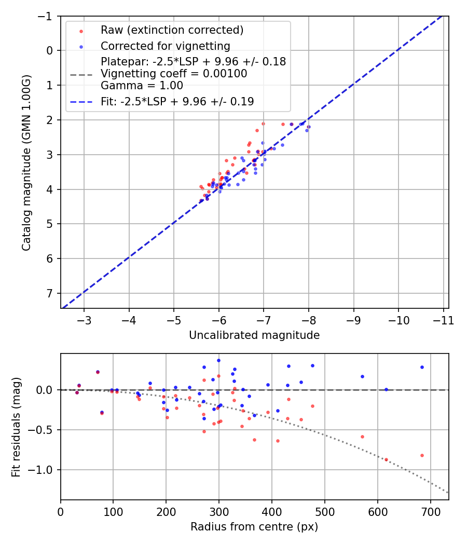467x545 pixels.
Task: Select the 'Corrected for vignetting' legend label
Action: pos(165,46)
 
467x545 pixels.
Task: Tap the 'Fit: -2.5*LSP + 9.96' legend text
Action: pos(177,102)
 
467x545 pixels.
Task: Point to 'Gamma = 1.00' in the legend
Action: pos(142,86)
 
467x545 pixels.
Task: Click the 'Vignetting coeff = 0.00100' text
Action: pos(174,74)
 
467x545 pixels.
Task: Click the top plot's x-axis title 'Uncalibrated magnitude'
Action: pos(254,335)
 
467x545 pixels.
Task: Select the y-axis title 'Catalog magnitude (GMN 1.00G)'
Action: pos(26,162)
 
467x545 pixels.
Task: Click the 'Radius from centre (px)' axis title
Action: pos(254,527)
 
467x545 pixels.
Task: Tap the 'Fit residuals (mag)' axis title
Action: pos(16,427)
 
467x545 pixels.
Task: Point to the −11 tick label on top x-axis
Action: pos(444,320)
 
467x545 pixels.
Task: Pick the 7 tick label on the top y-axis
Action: pos(50,293)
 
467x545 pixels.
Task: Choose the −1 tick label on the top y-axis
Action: pos(46,16)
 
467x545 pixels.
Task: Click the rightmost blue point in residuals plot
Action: pos(422,367)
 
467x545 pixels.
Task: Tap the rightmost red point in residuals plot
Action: pos(422,455)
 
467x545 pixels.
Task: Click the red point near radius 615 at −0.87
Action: pos(386,459)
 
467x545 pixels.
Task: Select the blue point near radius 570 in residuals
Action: pos(362,376)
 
